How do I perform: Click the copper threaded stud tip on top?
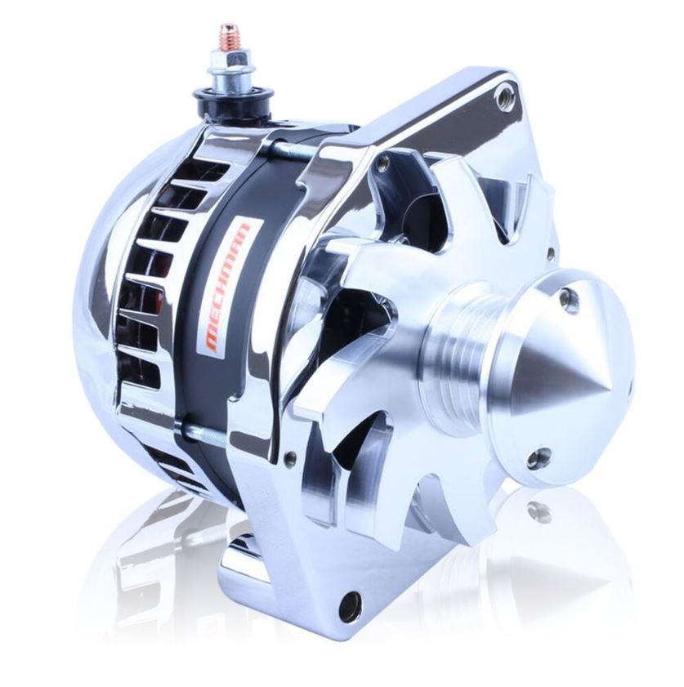[x=226, y=36]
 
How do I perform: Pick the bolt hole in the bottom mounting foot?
[x=354, y=604]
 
